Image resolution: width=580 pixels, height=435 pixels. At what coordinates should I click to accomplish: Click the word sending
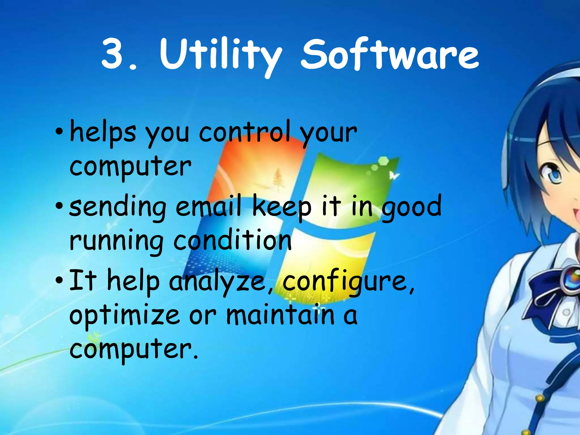(x=118, y=207)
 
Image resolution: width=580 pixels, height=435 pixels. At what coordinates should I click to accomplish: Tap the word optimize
(x=125, y=316)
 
